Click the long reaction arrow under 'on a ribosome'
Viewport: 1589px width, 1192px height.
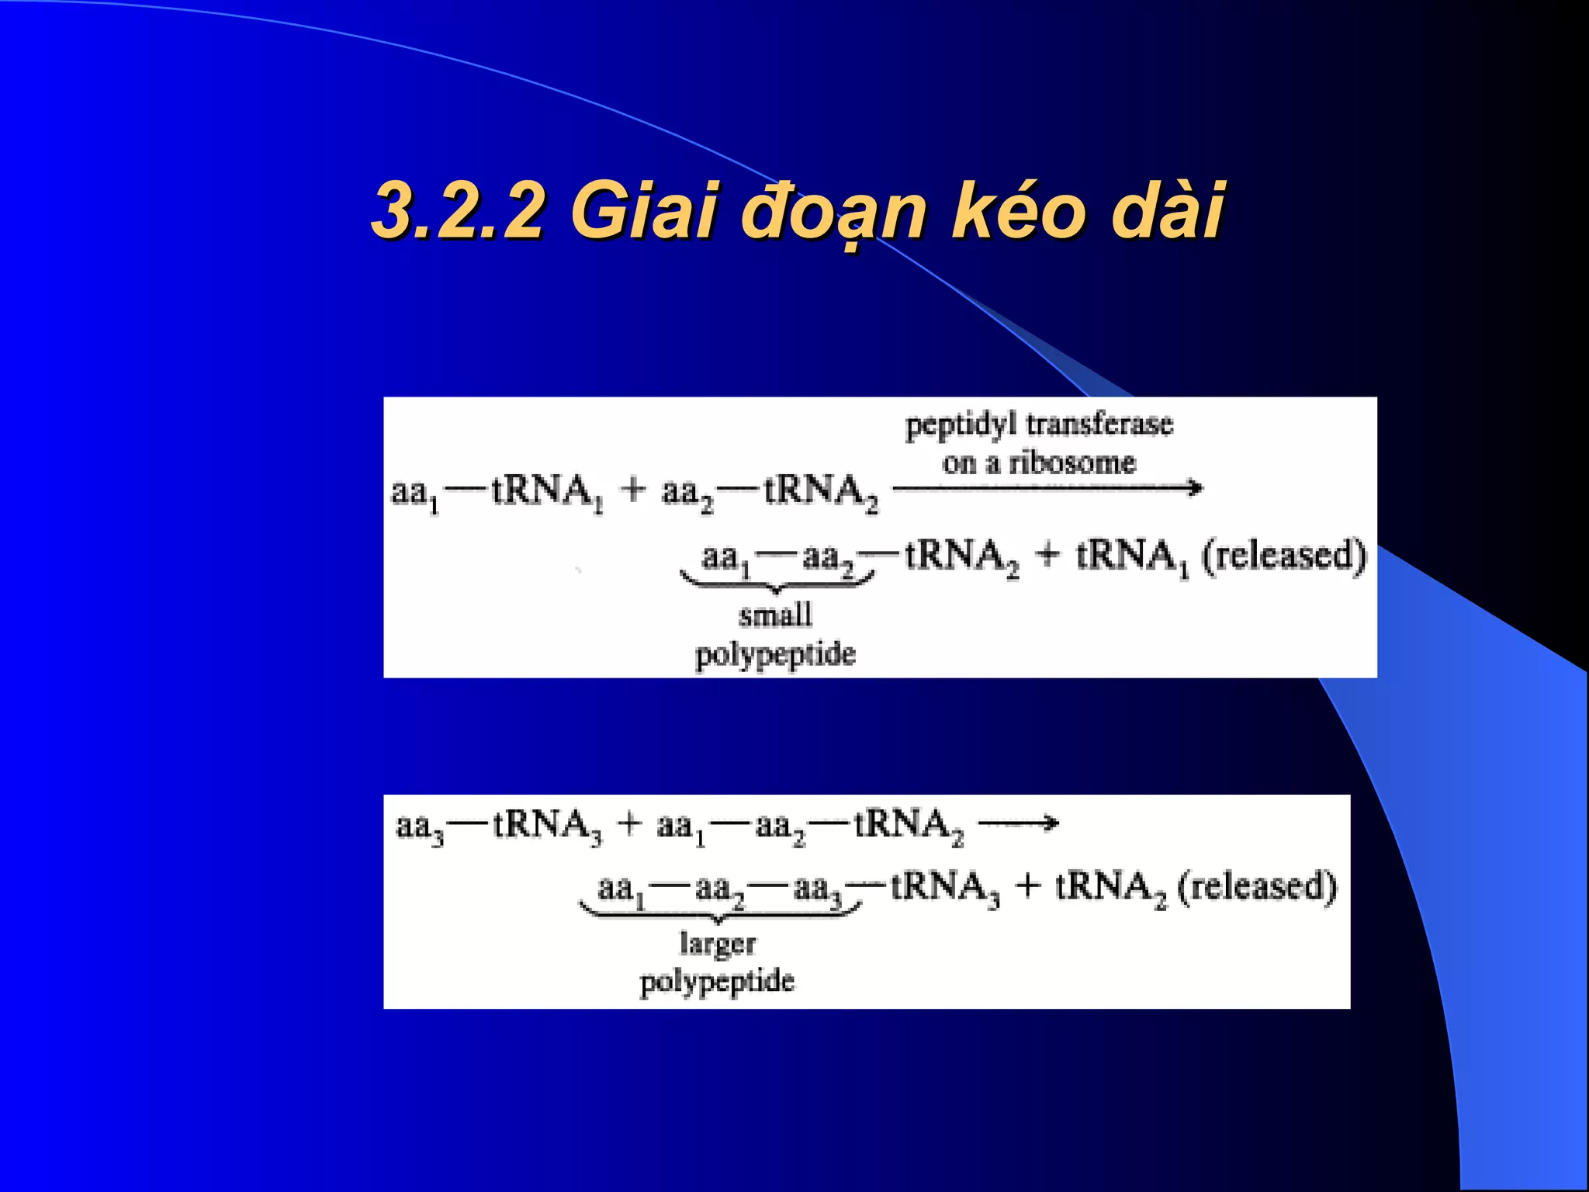[x=1047, y=488]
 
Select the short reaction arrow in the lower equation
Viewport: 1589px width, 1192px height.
[x=1018, y=823]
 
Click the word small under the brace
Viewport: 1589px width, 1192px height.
[x=775, y=615]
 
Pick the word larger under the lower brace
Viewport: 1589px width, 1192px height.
[x=718, y=944]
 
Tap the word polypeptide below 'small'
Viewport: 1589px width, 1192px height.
[x=775, y=654]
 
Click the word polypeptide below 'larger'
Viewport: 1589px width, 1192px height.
[x=718, y=982]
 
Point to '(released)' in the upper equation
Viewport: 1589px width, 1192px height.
[x=1284, y=555]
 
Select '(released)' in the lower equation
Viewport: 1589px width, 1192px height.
[x=1258, y=886]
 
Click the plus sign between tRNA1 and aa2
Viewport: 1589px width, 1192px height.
[x=634, y=490]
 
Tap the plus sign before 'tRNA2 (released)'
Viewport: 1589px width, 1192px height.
[x=1028, y=886]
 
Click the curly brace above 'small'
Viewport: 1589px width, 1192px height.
[x=777, y=582]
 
